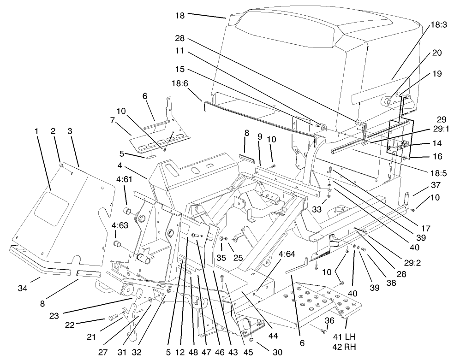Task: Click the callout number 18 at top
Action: tap(179, 15)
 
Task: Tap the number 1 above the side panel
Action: tap(36, 131)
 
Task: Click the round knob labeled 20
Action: tap(387, 100)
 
